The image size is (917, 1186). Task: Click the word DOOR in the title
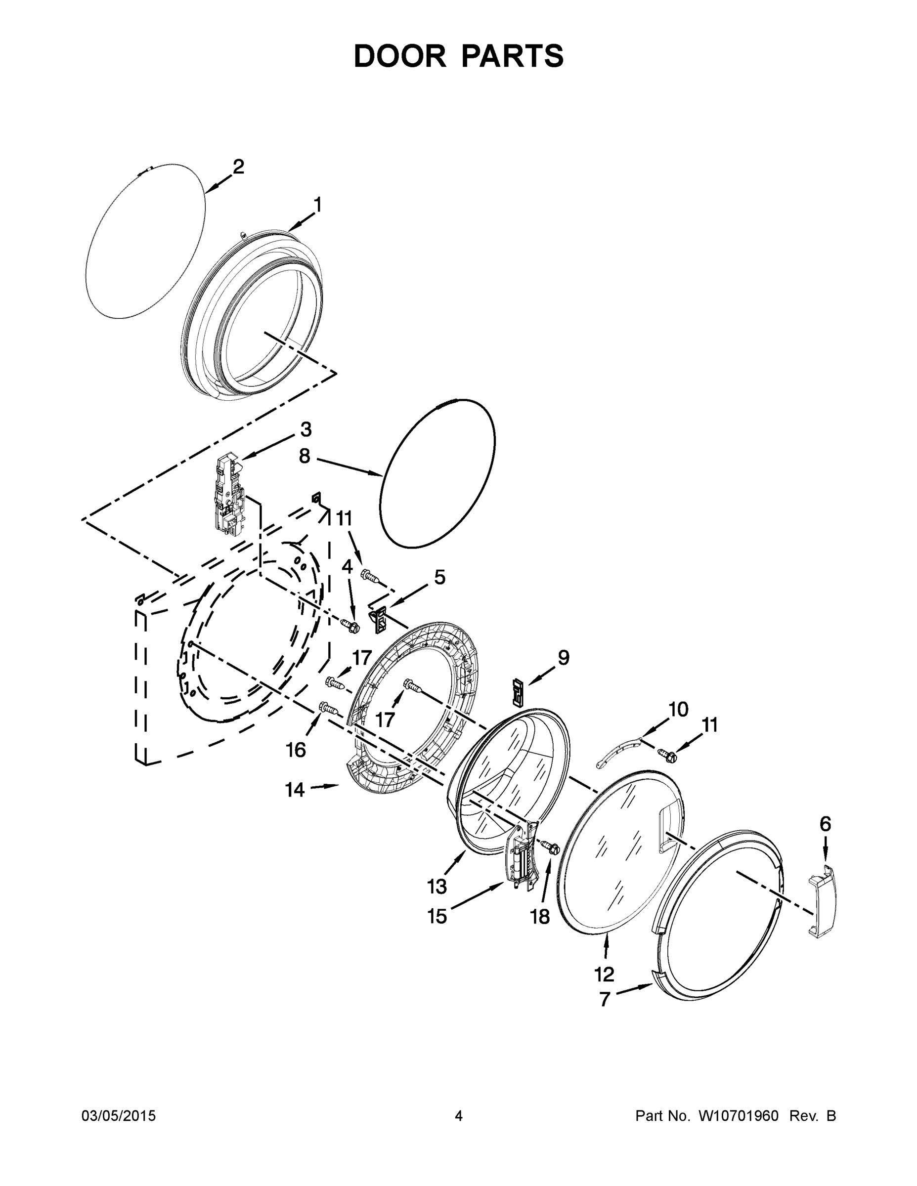[400, 56]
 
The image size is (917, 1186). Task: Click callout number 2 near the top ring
[238, 166]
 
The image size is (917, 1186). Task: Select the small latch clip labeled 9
[518, 691]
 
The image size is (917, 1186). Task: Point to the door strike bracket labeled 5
[379, 619]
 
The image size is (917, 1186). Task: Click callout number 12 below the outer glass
[604, 974]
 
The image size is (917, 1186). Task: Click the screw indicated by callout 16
[329, 708]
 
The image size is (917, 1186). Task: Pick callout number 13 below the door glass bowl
[437, 887]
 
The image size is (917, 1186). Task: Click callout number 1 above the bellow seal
[317, 205]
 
